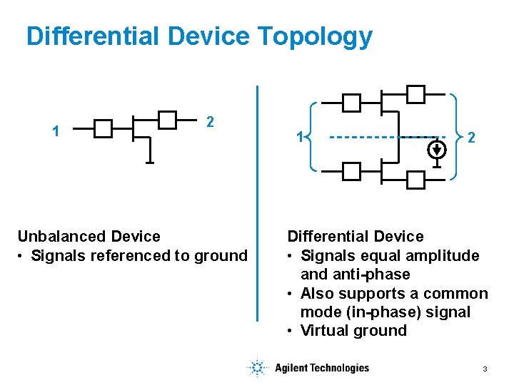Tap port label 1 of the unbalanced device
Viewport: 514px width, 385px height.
point(56,131)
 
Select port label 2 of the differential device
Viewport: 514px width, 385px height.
point(471,138)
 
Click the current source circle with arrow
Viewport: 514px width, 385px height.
point(438,149)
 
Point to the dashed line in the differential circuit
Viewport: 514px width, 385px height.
point(378,137)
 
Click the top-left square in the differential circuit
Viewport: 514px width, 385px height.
point(351,103)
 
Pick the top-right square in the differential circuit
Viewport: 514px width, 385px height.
point(415,93)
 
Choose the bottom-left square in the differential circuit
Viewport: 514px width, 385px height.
point(351,171)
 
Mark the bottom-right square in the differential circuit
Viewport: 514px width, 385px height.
point(415,180)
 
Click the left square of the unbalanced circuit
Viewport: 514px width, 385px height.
point(104,129)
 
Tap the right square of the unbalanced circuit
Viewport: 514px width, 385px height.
point(167,120)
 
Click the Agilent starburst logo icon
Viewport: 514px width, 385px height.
point(256,368)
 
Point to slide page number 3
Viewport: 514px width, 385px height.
point(485,369)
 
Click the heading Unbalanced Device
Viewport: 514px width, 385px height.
point(89,236)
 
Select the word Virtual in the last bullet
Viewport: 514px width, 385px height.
point(325,330)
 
